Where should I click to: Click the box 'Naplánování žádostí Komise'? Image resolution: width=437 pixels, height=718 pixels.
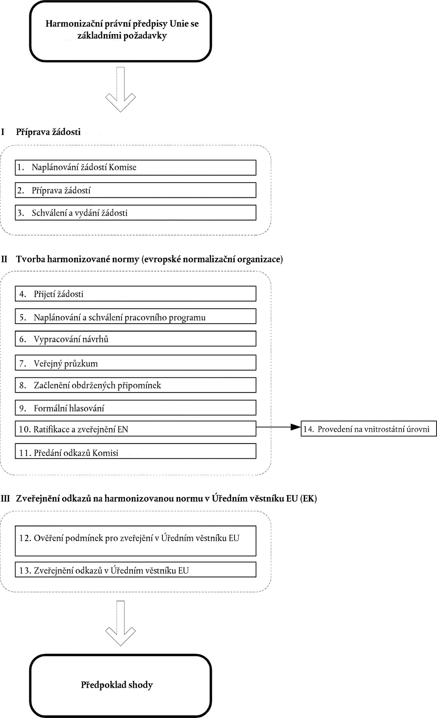[x=135, y=167]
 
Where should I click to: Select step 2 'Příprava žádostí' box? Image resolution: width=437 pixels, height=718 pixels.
[x=135, y=190]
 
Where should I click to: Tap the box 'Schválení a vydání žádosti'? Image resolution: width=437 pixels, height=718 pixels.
[x=135, y=212]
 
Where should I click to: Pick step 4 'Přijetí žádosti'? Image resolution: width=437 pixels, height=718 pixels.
[x=135, y=294]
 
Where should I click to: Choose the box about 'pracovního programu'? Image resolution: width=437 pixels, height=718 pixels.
[x=135, y=316]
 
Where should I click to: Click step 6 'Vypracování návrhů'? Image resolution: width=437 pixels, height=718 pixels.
[x=135, y=339]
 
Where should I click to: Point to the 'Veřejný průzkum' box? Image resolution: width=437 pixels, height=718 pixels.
[x=135, y=363]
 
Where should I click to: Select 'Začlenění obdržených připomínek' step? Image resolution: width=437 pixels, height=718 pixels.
[x=135, y=385]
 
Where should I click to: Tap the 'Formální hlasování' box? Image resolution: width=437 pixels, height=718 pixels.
[x=135, y=408]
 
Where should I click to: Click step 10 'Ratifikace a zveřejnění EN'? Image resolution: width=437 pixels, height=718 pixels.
[x=135, y=429]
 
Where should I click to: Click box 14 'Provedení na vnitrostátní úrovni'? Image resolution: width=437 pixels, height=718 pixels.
[x=369, y=429]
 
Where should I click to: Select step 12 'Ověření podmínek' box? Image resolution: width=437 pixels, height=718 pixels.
[x=135, y=541]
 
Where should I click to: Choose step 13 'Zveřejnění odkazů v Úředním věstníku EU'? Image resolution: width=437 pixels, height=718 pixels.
[x=135, y=569]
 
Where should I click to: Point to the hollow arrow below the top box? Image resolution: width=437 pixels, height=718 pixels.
[x=120, y=89]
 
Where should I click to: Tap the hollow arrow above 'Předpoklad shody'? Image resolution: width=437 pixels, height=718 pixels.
[x=120, y=623]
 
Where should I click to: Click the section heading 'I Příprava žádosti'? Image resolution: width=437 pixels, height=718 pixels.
[x=41, y=132]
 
